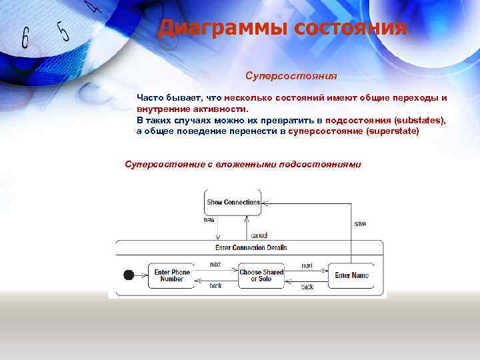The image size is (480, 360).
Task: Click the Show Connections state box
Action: point(233,201)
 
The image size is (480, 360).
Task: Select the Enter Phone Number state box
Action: point(172,275)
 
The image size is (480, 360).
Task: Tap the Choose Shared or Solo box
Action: point(261,275)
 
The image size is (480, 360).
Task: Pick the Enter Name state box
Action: point(351,275)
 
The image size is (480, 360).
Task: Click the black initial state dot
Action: point(129,274)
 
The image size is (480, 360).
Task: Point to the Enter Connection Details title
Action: point(251,247)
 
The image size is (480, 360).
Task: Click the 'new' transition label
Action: point(209,219)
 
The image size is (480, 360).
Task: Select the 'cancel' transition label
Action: point(259,235)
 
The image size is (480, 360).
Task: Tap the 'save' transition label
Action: point(360,223)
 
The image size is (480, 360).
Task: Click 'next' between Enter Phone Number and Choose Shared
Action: point(215,265)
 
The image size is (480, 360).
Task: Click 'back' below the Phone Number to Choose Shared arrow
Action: point(215,285)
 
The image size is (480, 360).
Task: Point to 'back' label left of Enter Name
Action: point(307,287)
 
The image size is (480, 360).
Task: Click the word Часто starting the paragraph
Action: point(149,97)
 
